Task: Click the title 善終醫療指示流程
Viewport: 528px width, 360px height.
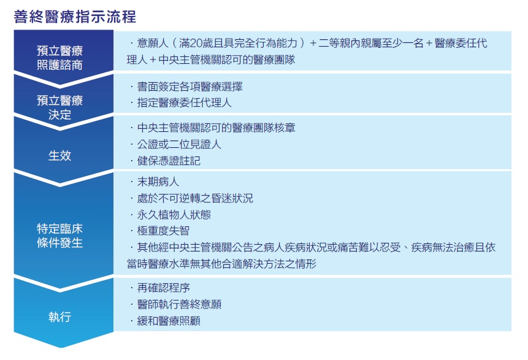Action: tap(75, 17)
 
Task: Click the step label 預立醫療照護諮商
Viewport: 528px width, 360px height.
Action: tap(59, 58)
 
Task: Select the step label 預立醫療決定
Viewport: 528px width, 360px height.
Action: tap(59, 107)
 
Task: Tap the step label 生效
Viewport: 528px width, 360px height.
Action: tap(59, 156)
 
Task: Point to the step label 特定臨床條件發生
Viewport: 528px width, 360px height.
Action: tap(59, 236)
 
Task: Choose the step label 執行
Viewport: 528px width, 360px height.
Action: tap(59, 317)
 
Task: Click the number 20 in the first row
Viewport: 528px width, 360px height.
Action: tap(196, 43)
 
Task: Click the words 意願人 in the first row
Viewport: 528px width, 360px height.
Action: tap(153, 43)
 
